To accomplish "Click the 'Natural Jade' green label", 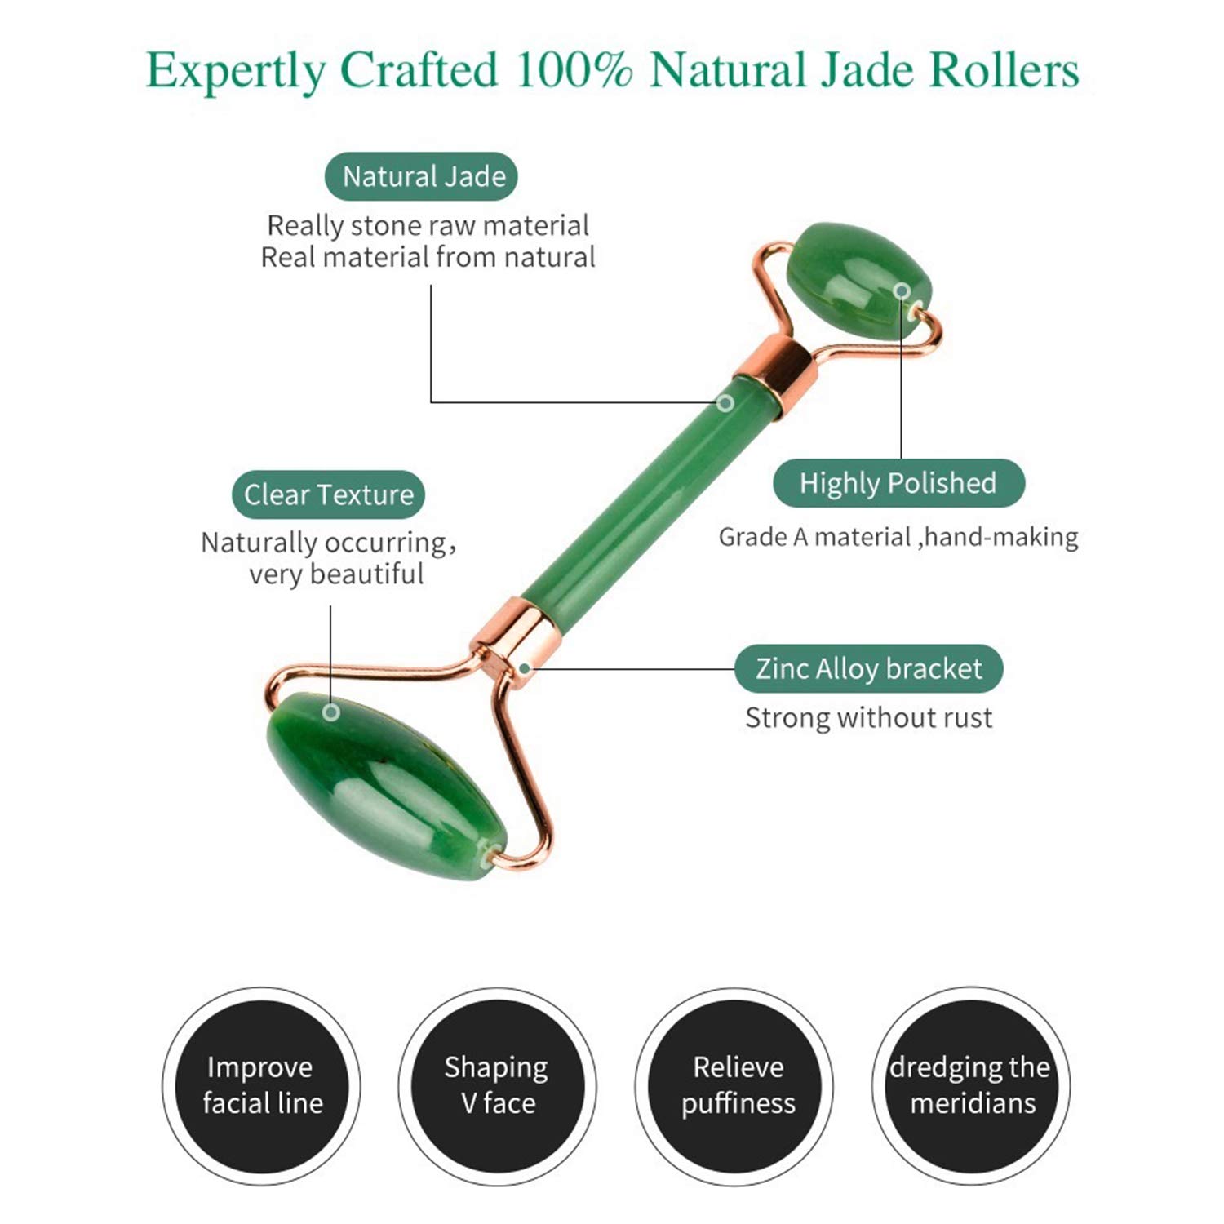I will click(422, 176).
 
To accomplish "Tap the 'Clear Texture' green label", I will click(328, 494).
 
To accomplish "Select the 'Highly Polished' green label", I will click(898, 483).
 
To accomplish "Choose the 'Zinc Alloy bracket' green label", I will click(868, 668).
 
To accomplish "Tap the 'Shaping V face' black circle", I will click(497, 1086).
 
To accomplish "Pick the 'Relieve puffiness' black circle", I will click(737, 1086).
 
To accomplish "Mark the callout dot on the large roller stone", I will click(330, 712).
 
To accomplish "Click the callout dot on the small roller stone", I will click(901, 291).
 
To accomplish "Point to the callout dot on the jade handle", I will click(725, 402).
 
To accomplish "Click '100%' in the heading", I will click(574, 69).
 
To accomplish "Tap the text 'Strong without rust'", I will click(868, 718).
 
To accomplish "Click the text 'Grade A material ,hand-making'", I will click(898, 537).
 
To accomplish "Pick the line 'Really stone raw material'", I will click(428, 225).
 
